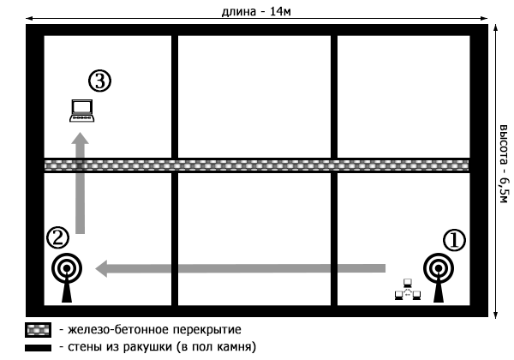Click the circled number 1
point(453,239)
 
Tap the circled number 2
point(57,237)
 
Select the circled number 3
point(100,81)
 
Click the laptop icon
point(81,111)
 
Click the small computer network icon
point(407,291)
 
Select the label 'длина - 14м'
point(258,10)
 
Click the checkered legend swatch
point(39,329)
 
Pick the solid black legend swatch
point(39,348)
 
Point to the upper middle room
point(254,96)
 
